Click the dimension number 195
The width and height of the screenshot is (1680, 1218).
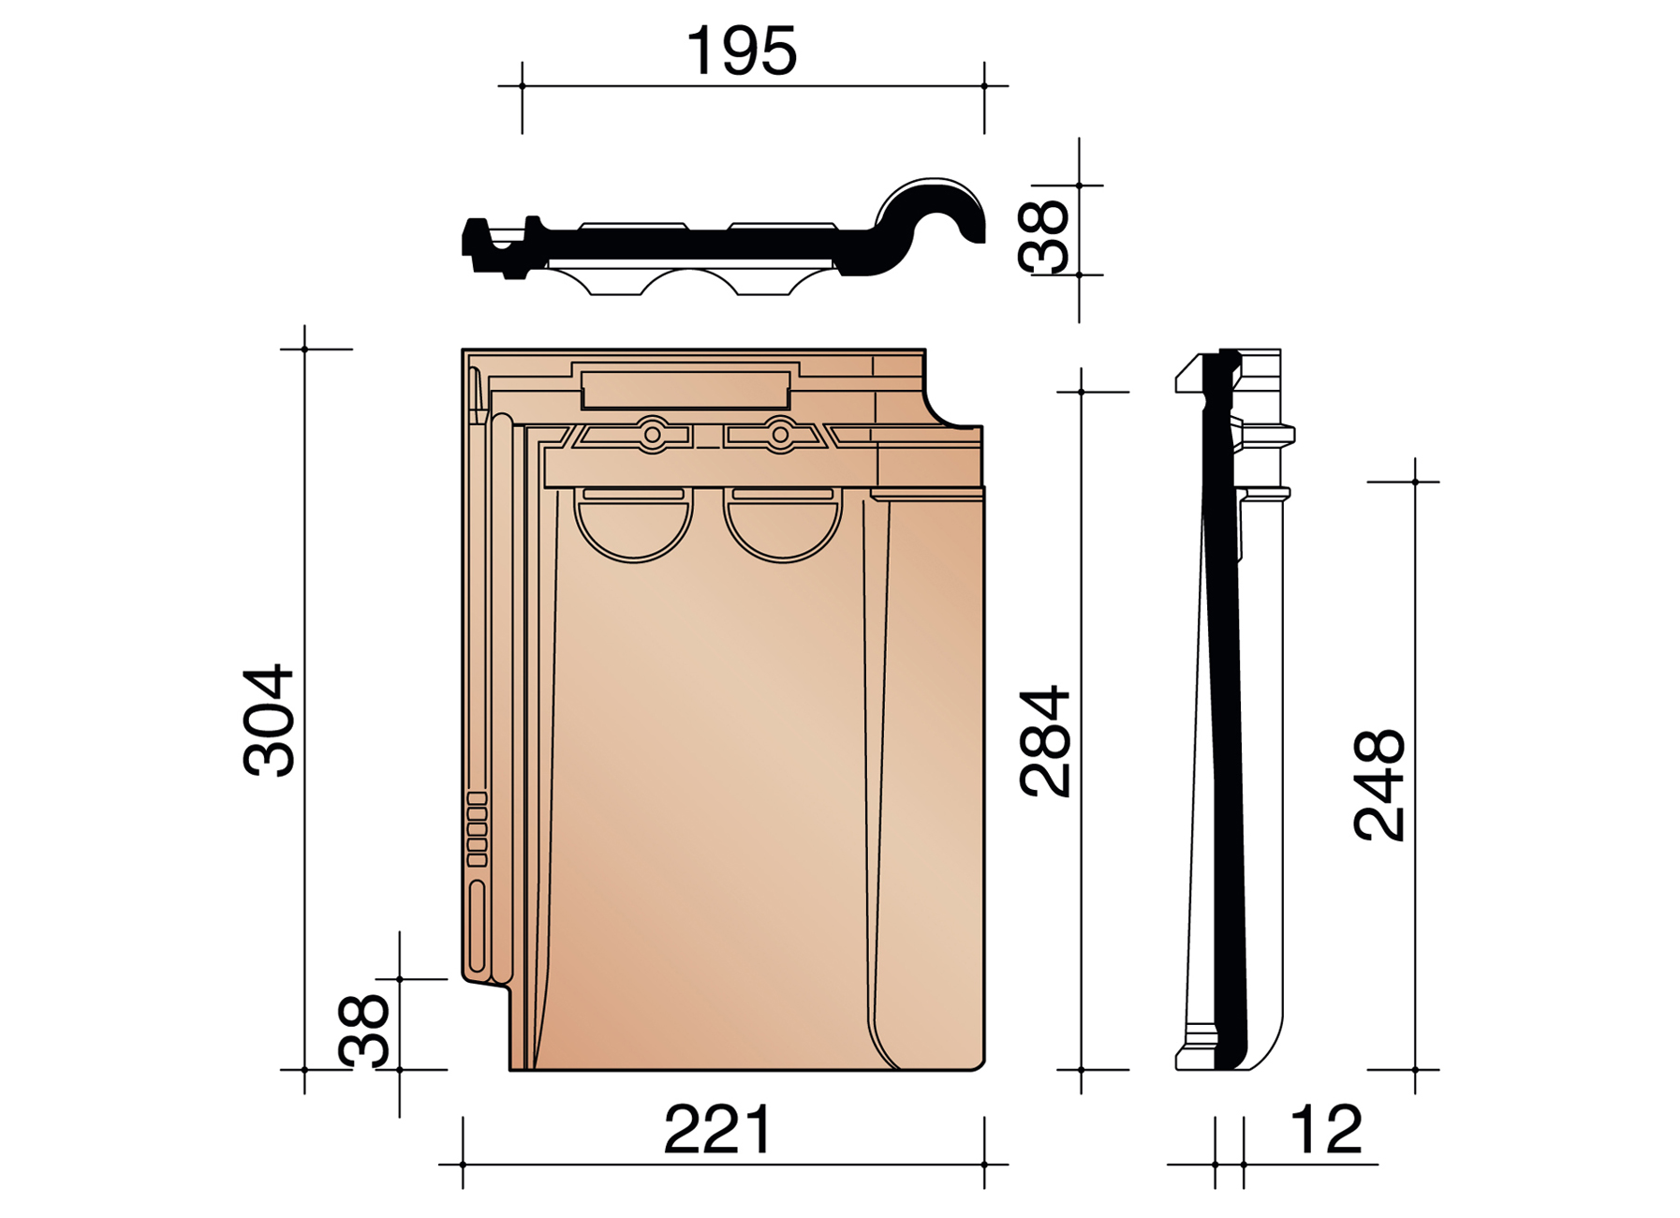(741, 52)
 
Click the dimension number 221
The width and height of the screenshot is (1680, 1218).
(718, 1130)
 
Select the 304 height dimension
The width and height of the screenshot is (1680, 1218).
(270, 720)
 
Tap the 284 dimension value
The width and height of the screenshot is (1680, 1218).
(1045, 741)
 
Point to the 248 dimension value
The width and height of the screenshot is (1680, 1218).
(1379, 785)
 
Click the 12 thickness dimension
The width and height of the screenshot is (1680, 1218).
(1326, 1130)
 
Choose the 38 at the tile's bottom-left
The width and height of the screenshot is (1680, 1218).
(364, 1031)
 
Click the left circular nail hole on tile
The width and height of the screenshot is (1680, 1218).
(653, 435)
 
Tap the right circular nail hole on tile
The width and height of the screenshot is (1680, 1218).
(780, 435)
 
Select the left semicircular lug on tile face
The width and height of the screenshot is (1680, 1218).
(633, 530)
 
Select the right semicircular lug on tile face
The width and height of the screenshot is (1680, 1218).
(783, 530)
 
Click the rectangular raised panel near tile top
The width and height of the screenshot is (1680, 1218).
(685, 389)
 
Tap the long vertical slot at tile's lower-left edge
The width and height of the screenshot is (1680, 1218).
(477, 926)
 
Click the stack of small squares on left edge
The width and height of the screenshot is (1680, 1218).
(477, 829)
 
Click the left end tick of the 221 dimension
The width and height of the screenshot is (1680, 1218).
(463, 1165)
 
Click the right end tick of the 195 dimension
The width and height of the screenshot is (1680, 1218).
(984, 86)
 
